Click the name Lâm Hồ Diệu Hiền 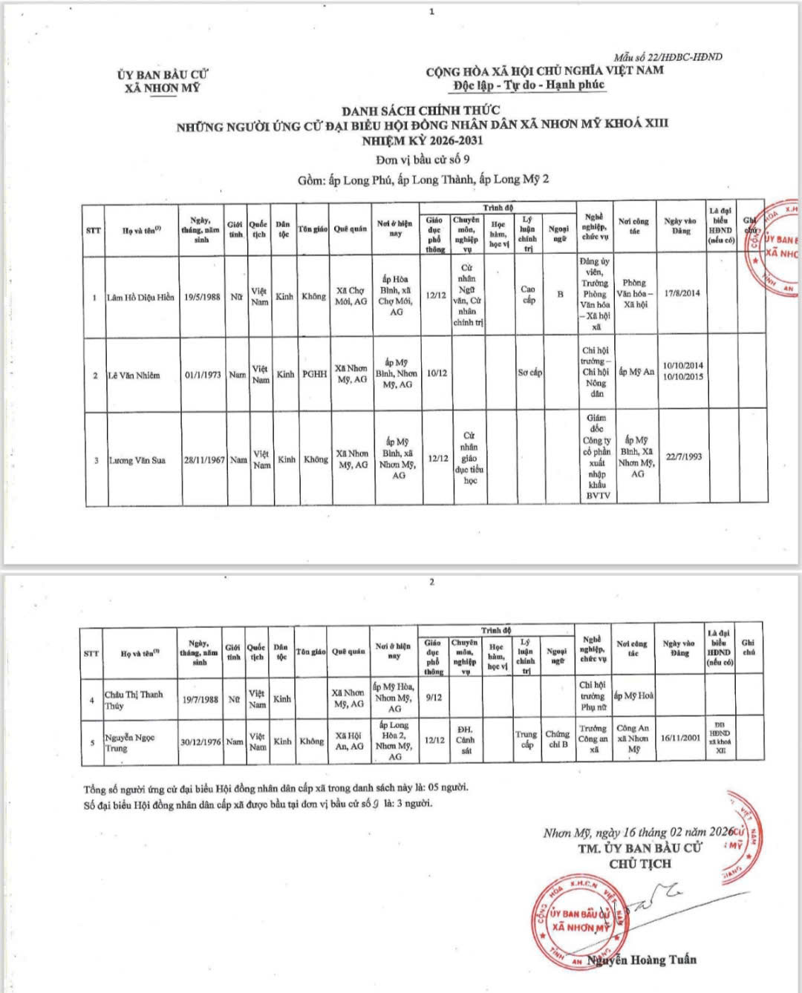141,298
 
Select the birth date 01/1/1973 203,376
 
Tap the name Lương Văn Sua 137,460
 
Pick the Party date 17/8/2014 682,293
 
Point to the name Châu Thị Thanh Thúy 133,700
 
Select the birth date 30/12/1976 200,741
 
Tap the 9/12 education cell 433,698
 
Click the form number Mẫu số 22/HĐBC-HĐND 668,57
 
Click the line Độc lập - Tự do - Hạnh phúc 529,85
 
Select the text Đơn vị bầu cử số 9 422,160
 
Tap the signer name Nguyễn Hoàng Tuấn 643,960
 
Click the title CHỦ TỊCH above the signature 639,864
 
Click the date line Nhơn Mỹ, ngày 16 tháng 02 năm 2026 638,833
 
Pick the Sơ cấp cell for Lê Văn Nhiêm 529,373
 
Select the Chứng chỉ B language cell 558,739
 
